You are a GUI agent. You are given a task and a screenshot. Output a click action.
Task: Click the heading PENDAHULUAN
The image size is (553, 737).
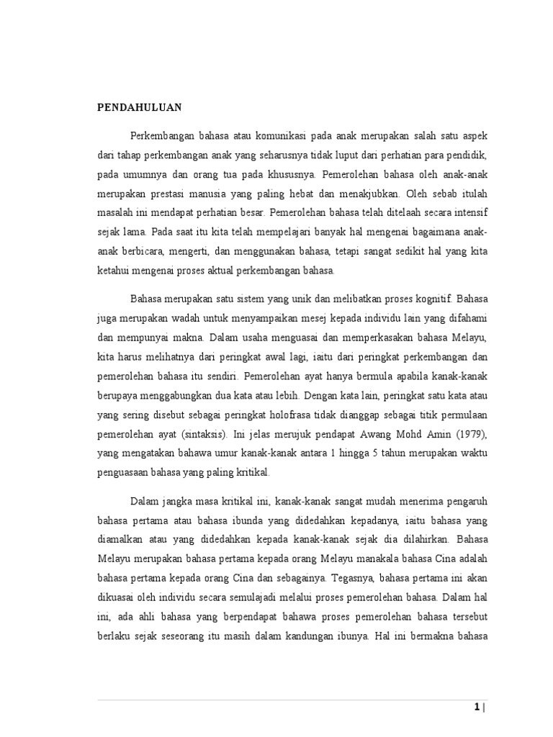click(140, 108)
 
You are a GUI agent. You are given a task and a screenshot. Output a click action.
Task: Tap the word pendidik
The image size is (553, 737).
click(447, 155)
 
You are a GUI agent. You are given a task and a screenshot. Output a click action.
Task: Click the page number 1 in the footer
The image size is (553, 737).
click(477, 708)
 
